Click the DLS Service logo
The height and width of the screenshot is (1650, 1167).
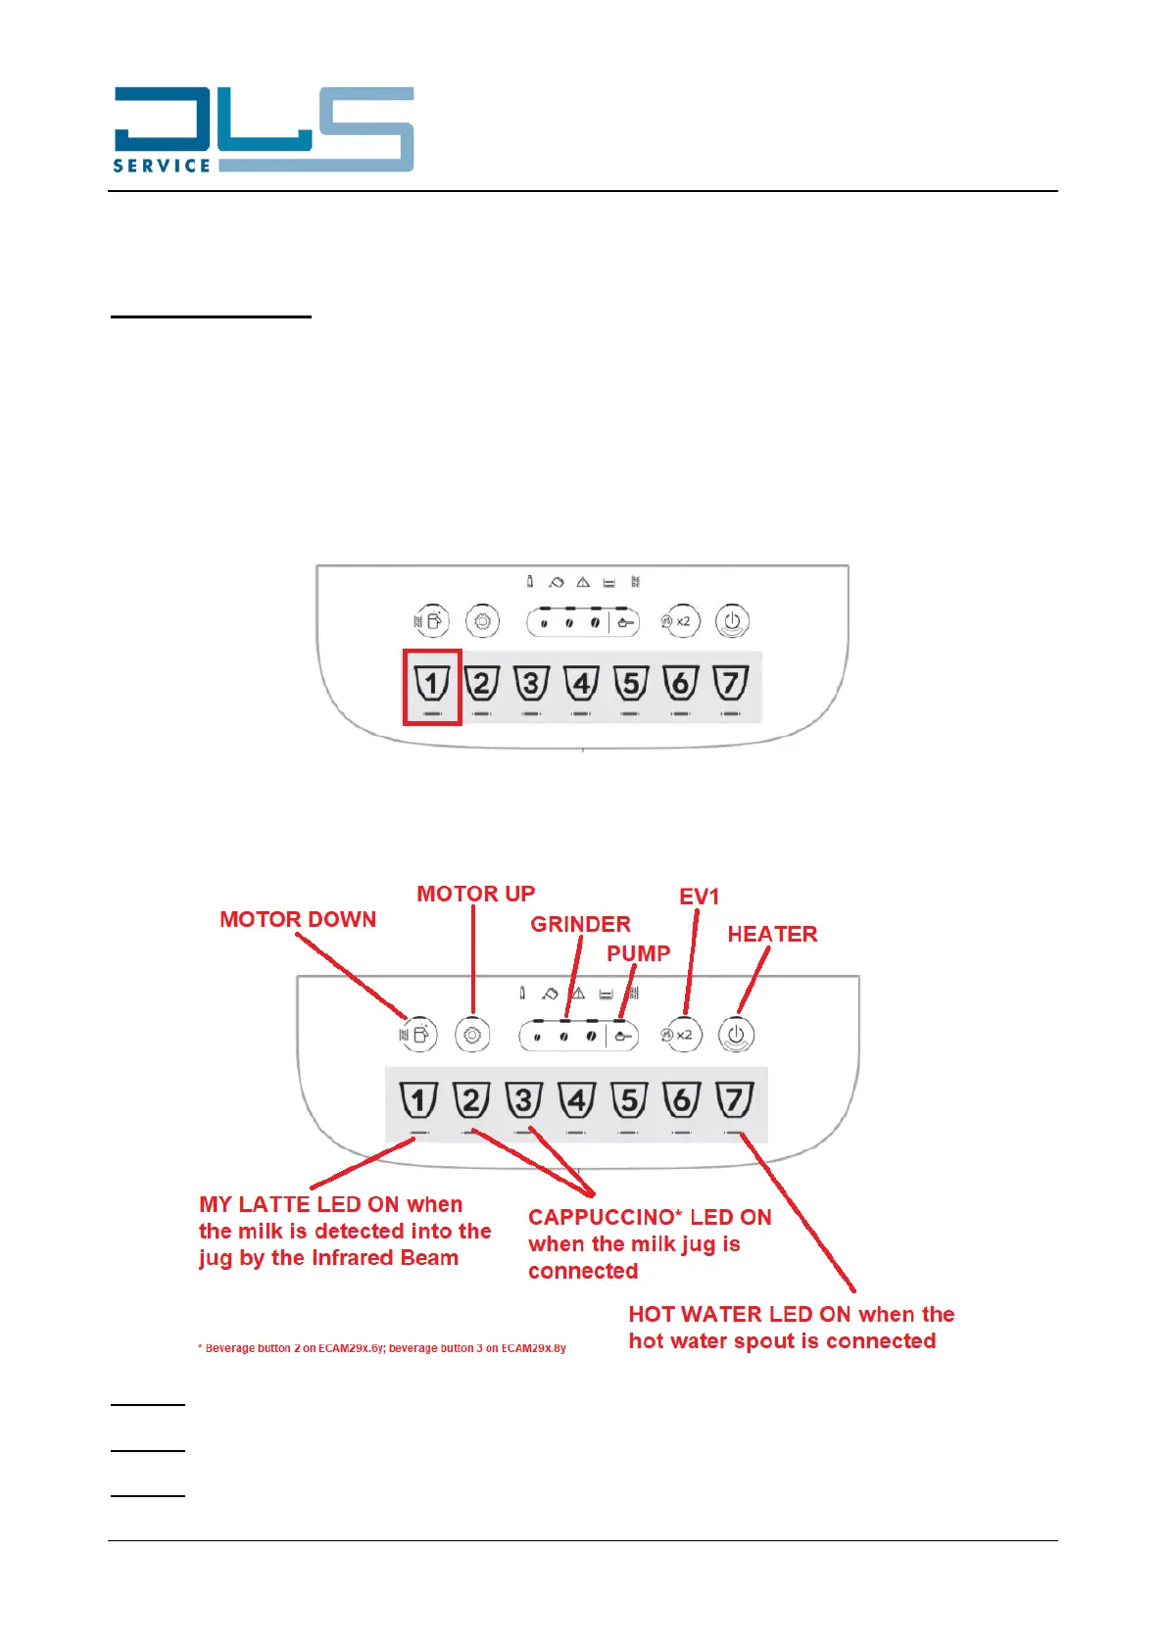coord(263,129)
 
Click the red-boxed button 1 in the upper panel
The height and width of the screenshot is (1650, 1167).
coord(432,684)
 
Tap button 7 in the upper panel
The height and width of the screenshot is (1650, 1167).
coord(731,683)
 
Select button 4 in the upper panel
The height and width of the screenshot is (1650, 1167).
coord(581,683)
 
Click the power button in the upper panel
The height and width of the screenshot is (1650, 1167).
coord(732,621)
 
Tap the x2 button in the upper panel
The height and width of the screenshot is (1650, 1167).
coord(679,621)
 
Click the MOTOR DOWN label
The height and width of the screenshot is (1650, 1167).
coord(298,919)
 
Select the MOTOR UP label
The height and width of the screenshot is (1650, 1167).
coord(476,894)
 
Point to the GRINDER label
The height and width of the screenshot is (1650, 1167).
coord(580,924)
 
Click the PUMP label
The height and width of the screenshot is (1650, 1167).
coord(638,953)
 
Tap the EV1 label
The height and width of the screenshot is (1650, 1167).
coord(699,897)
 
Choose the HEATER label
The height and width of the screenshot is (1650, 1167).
coord(772,934)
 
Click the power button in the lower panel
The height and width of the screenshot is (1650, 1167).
coord(736,1035)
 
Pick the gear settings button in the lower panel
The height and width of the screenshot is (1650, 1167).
coord(472,1035)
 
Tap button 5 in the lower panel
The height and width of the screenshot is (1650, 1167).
coord(629,1100)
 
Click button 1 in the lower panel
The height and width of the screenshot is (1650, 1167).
coord(418,1100)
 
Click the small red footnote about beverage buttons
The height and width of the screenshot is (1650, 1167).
coord(382,1348)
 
